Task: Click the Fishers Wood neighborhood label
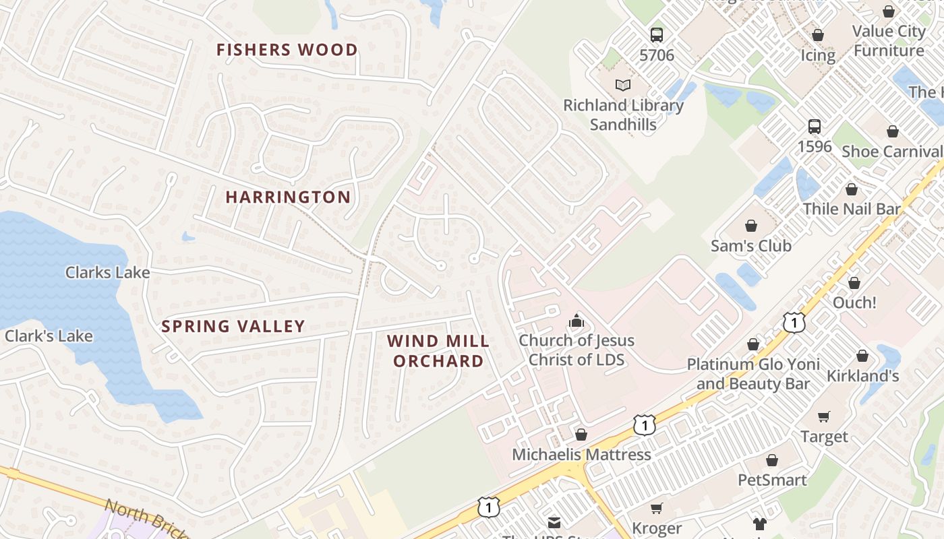287,50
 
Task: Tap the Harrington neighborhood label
288,197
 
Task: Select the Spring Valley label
233,327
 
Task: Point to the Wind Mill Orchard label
438,351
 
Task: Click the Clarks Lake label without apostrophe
107,273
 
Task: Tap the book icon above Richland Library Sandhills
623,86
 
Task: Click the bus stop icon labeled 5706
656,35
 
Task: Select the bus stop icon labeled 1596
814,126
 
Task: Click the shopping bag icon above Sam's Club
750,226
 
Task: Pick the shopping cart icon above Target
823,417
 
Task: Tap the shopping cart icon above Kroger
656,508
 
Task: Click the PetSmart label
772,480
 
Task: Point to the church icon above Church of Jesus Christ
576,321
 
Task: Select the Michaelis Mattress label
581,455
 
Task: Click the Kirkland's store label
862,376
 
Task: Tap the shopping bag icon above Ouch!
854,283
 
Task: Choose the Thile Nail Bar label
851,209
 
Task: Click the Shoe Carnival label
891,152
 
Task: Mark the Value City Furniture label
888,41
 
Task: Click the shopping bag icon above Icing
817,35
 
